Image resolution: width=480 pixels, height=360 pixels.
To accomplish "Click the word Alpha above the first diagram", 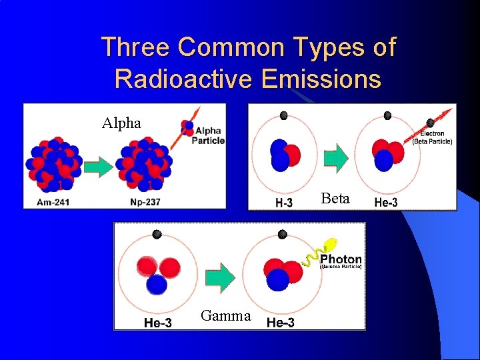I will [121, 123].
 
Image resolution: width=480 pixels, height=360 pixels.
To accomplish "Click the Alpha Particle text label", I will [208, 135].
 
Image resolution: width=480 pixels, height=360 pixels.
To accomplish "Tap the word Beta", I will [335, 198].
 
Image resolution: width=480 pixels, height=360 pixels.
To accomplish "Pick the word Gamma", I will [226, 316].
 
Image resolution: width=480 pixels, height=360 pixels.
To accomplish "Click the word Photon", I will [341, 259].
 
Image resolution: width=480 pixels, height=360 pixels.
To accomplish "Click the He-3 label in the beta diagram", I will [385, 203].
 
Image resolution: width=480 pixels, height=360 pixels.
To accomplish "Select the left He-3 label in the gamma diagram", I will [158, 323].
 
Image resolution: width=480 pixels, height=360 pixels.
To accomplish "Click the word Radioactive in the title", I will [183, 79].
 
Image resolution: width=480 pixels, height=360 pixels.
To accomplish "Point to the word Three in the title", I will [135, 47].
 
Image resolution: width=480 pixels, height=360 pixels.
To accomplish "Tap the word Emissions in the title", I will [322, 79].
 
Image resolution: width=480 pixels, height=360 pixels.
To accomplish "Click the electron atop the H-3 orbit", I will [284, 115].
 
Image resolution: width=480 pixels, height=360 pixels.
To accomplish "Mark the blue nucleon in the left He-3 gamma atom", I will [156, 284].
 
